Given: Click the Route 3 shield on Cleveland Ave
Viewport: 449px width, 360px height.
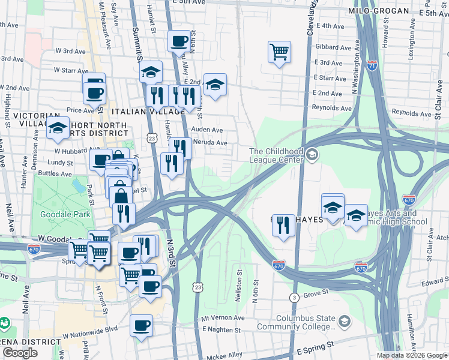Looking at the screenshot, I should (294, 298).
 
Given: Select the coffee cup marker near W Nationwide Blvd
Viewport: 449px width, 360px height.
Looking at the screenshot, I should (142, 326).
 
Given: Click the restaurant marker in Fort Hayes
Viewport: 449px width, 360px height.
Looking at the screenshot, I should (283, 226).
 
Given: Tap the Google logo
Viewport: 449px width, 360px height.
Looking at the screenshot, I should (20, 353).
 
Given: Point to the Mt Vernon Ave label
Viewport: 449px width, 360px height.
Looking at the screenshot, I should (223, 317).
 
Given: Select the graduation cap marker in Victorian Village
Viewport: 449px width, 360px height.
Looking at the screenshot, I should (58, 127).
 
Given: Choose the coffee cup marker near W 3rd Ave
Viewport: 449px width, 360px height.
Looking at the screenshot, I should (178, 41).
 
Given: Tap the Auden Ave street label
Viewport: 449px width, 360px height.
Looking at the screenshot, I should (206, 130).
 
